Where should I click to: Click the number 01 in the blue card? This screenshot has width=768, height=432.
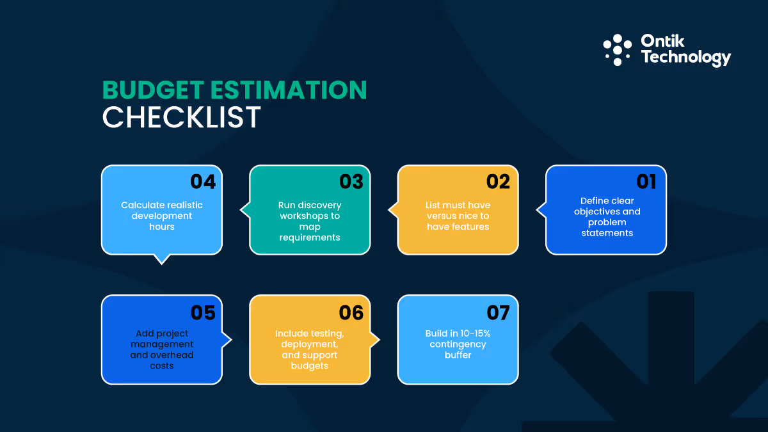(x=646, y=182)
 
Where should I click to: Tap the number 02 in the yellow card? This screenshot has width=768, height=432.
(x=498, y=182)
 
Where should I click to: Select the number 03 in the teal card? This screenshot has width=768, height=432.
(x=351, y=182)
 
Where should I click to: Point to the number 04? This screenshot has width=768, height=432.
(x=203, y=182)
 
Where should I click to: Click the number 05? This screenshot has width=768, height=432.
(x=203, y=312)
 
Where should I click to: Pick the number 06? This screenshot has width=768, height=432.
(x=351, y=312)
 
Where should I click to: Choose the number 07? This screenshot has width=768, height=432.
(x=498, y=312)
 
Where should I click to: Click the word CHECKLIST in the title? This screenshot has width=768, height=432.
(x=182, y=118)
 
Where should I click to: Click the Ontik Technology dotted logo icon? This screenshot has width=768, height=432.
(x=618, y=50)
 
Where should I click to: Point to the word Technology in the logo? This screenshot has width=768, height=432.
(x=685, y=58)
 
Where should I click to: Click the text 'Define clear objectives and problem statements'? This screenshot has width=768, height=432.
(x=607, y=217)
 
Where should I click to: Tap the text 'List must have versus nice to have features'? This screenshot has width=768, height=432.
(x=458, y=216)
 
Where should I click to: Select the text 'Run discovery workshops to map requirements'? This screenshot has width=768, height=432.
(x=310, y=221)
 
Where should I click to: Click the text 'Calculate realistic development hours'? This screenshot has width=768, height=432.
(x=162, y=216)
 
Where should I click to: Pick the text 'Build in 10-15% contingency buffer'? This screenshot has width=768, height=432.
(x=458, y=344)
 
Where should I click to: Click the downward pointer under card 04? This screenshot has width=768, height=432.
(x=163, y=259)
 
